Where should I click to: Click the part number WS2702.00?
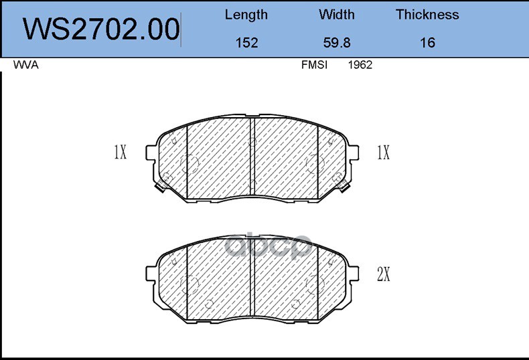point(101,29)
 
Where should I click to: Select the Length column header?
point(246,15)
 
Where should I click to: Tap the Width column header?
point(337,15)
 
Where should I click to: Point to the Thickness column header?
point(427,15)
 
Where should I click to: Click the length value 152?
point(246,43)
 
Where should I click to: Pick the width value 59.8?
point(337,43)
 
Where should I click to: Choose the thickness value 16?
point(427,43)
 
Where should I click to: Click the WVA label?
point(26,65)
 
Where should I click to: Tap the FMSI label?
point(314,65)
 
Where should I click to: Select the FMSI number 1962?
point(360,65)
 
